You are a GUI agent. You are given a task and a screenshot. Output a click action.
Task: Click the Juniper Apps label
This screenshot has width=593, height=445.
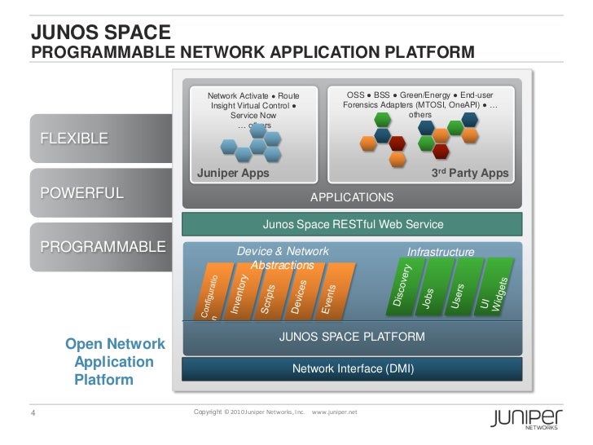pyautogui.click(x=234, y=174)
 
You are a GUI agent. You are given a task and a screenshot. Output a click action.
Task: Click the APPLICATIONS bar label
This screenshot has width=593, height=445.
pyautogui.click(x=352, y=197)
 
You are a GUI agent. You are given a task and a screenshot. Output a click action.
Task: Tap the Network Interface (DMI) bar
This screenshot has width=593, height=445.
pyautogui.click(x=353, y=369)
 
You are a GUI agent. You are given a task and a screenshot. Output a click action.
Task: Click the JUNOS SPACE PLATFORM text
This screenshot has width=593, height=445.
pyautogui.click(x=352, y=336)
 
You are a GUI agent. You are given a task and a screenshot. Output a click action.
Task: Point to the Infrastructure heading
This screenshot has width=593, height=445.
pyautogui.click(x=440, y=252)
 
